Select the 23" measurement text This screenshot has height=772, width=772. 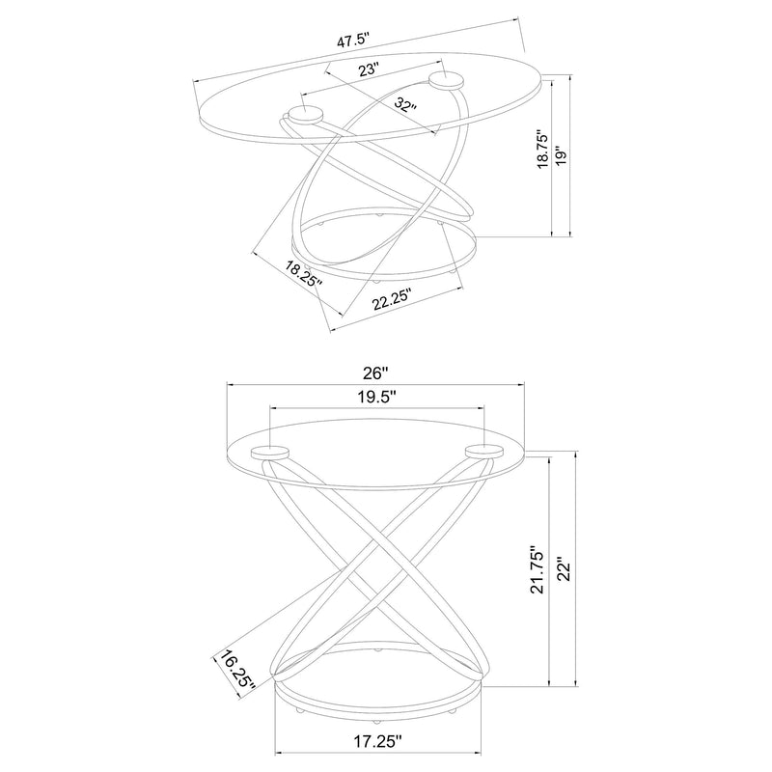tap(368, 69)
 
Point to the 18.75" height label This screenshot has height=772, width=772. tap(542, 150)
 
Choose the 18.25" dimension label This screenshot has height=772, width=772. tap(304, 274)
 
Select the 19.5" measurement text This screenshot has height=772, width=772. tap(377, 397)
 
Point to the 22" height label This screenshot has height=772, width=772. tap(565, 569)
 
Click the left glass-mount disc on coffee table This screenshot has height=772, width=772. tap(305, 116)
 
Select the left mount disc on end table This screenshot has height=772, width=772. tap(270, 452)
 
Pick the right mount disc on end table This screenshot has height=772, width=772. tap(484, 452)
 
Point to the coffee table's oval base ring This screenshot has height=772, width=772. tap(384, 244)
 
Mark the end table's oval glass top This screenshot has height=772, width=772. tap(377, 455)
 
